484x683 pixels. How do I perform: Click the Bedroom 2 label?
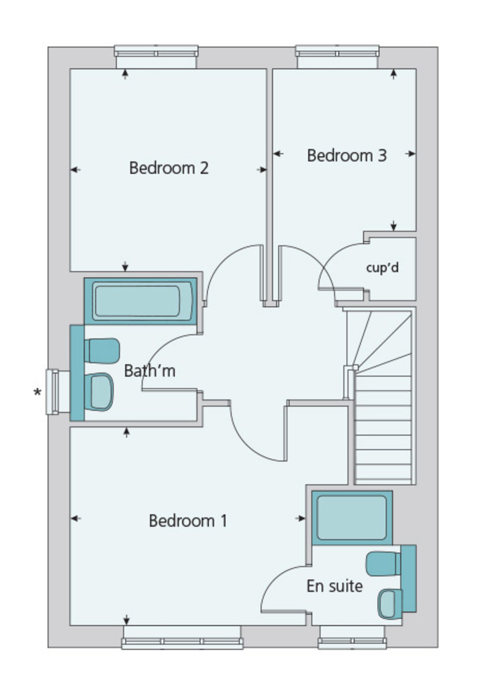point(169,168)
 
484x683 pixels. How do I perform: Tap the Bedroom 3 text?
point(347,155)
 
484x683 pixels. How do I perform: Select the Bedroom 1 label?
point(188,521)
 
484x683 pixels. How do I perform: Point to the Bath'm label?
point(150,371)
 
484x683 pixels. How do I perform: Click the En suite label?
point(334,586)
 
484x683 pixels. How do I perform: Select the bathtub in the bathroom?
point(140,301)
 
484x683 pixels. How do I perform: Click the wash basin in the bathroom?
point(101,392)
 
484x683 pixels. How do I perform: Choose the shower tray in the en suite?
point(351,517)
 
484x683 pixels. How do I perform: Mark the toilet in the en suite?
point(382,563)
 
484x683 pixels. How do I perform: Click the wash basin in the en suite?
point(390,603)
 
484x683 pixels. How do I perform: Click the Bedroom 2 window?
point(156,53)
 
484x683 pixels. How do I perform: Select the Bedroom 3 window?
point(337,53)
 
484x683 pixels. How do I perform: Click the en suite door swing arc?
point(282,586)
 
